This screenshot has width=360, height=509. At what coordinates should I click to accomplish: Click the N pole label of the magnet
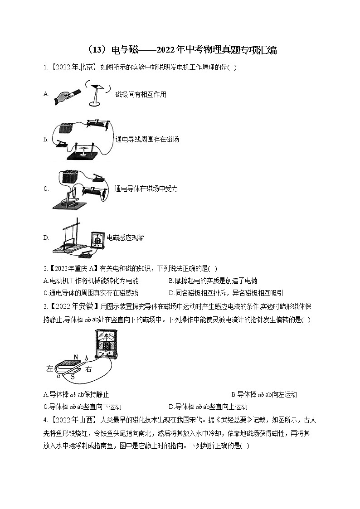coord(76,356)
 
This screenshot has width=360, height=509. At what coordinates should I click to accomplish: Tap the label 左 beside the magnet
coord(50,368)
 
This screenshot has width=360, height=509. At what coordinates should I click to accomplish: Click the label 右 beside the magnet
coord(88,369)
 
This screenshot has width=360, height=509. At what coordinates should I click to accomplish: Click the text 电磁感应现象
coord(126,238)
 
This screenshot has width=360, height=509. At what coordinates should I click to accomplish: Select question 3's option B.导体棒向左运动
coord(264,394)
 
